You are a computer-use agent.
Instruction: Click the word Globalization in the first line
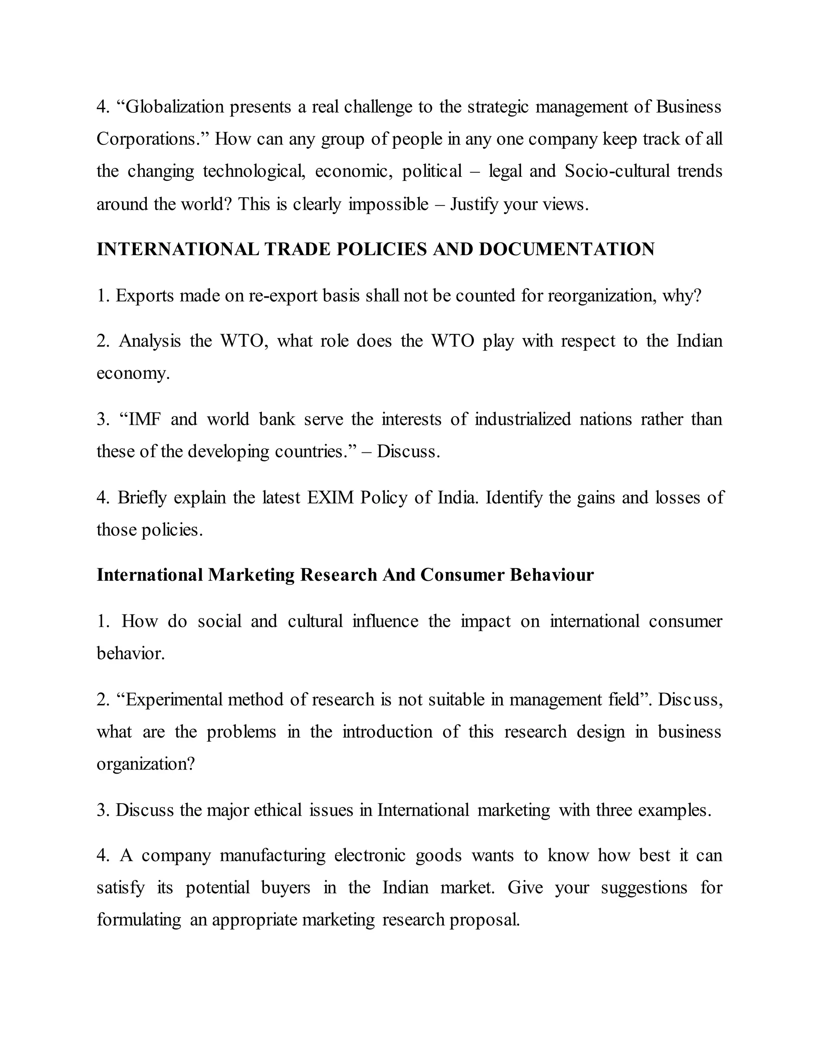(175, 107)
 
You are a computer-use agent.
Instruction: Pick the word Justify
(475, 204)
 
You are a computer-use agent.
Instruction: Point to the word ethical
(278, 810)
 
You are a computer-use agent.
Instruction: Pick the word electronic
(370, 855)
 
